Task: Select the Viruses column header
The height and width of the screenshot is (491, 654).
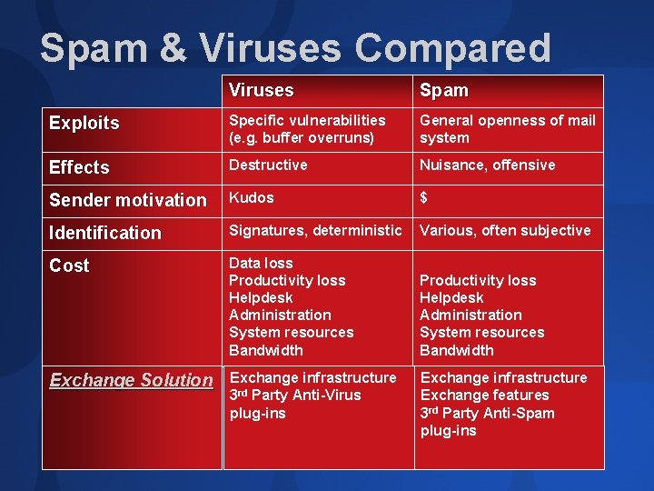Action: click(261, 90)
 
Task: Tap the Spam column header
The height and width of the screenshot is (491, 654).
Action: click(443, 90)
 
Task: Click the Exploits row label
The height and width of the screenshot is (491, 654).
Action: click(84, 123)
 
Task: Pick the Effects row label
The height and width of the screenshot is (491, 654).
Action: click(79, 167)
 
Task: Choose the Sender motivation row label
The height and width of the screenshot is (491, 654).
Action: click(128, 200)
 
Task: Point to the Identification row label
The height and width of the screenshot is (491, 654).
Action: click(105, 233)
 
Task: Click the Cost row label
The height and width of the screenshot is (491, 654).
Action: click(70, 266)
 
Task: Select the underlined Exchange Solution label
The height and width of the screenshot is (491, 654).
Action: click(131, 380)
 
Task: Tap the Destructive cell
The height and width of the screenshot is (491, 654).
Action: click(268, 165)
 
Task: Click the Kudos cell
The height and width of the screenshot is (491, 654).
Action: click(251, 197)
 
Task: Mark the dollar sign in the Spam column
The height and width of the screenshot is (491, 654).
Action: click(423, 197)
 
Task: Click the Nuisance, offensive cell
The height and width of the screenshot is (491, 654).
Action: click(487, 165)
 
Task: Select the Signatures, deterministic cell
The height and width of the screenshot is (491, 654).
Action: click(314, 230)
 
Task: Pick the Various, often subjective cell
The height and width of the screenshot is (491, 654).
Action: click(505, 230)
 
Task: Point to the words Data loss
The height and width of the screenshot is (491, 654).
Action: click(261, 263)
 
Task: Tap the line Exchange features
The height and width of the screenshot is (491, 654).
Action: click(484, 395)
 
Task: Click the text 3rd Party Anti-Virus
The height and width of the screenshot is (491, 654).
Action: click(294, 395)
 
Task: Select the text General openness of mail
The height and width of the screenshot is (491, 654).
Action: click(508, 120)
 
